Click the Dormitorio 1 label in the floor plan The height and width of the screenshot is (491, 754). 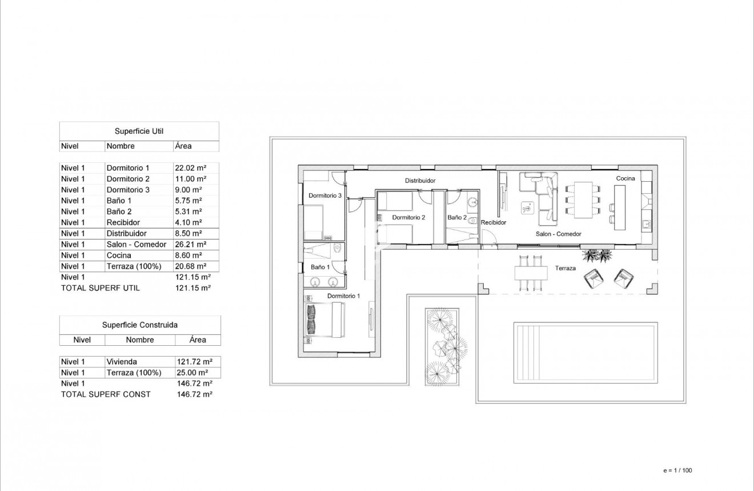(343, 296)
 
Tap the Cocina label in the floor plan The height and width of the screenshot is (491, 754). (625, 178)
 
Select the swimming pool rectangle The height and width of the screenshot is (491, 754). (585, 351)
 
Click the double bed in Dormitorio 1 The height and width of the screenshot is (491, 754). (326, 319)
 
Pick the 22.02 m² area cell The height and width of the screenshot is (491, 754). (190, 168)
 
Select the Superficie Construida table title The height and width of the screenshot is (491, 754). (139, 325)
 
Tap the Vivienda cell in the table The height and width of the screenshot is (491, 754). (122, 362)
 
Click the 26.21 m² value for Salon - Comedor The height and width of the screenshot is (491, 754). (190, 245)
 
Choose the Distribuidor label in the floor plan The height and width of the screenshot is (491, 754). (420, 181)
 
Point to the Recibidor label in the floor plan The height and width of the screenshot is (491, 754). (493, 222)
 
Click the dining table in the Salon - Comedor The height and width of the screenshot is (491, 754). (583, 198)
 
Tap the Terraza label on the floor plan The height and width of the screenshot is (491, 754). (565, 268)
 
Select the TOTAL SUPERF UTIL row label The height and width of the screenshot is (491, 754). (100, 288)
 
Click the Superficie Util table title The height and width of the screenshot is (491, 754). (139, 131)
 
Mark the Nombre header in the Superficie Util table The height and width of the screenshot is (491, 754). (121, 146)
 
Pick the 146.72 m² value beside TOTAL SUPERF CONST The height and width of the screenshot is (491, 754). (195, 394)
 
